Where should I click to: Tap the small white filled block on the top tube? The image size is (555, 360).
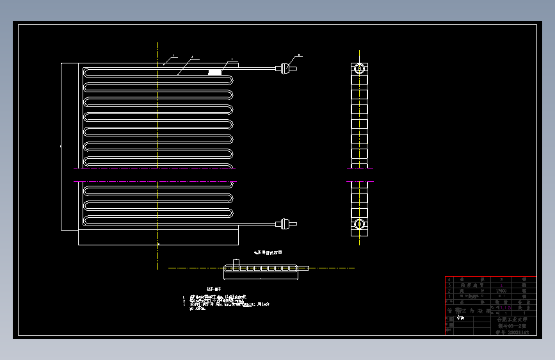[216, 72]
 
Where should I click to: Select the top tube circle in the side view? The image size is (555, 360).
[360, 68]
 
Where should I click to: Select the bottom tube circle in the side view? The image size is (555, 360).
[360, 225]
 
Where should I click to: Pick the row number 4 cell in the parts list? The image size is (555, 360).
[449, 279]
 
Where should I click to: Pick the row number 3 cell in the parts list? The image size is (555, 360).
[449, 285]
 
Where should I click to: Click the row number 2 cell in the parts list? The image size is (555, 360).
[449, 291]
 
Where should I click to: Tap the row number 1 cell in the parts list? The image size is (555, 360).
[449, 297]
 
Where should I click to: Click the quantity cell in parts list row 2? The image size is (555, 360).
[501, 291]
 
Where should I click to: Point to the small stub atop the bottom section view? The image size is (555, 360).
[236, 262]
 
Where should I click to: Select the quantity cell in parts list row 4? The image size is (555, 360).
[501, 279]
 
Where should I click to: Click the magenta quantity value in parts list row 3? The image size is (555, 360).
[501, 285]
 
